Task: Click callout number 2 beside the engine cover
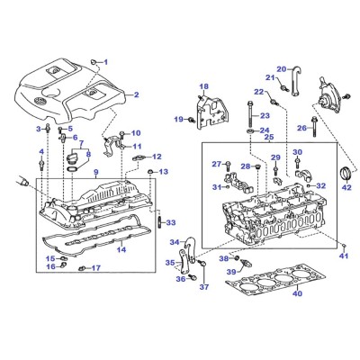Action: tap(137, 94)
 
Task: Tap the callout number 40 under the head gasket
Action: tap(298, 293)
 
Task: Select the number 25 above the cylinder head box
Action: tap(269, 138)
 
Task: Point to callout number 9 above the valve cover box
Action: tap(95, 172)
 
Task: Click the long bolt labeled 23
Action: tap(249, 115)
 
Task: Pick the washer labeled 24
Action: tap(249, 131)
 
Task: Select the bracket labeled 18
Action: tap(211, 112)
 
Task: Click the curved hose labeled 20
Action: tap(294, 81)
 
